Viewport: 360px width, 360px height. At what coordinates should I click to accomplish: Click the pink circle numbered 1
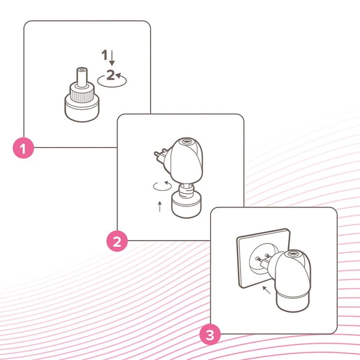click(x=23, y=148)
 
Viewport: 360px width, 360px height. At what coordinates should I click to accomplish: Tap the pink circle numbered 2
click(x=117, y=241)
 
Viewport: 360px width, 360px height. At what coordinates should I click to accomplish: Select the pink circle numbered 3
click(x=210, y=335)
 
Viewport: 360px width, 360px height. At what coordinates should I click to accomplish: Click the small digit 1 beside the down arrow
click(x=104, y=55)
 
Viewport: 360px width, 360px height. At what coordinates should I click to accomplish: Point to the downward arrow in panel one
click(x=112, y=58)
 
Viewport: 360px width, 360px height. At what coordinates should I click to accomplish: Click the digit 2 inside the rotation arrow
click(x=110, y=74)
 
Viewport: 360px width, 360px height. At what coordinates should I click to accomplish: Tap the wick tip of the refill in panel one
click(x=82, y=70)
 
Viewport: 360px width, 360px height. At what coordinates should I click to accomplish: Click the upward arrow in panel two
click(x=160, y=206)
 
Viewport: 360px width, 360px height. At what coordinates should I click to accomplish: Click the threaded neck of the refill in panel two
click(x=187, y=191)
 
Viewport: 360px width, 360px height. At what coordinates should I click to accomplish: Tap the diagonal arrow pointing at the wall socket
click(x=266, y=290)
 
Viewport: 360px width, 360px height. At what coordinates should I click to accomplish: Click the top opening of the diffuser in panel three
click(x=292, y=254)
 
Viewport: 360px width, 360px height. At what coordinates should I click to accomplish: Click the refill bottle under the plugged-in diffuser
click(x=293, y=302)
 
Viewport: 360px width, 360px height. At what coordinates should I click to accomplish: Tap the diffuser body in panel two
click(x=186, y=160)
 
